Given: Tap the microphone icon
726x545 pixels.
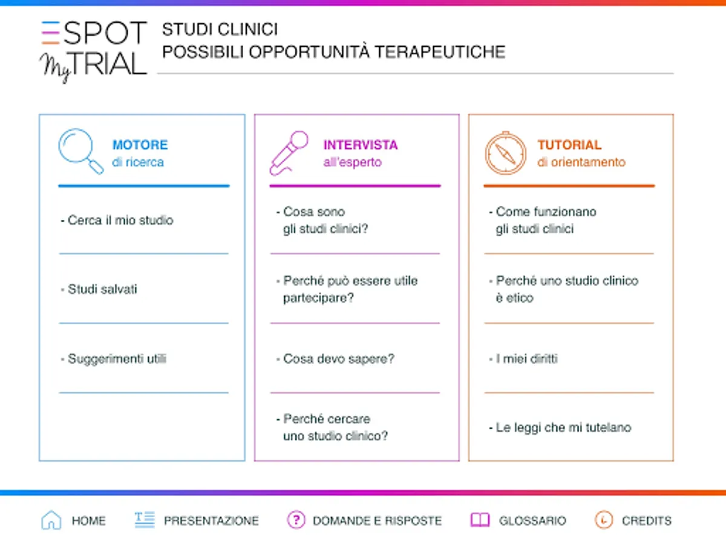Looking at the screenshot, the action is pos(289,153).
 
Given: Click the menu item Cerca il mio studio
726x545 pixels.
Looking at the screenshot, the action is pos(117,220).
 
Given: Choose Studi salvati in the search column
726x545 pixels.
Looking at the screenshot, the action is pos(99,289).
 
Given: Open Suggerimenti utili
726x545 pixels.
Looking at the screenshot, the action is pos(114,359).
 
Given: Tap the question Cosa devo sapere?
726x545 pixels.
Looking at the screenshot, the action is pos(335,359).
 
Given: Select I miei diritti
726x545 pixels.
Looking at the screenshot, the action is pos(523,359).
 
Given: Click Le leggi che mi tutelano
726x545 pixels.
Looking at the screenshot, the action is pos(560,428).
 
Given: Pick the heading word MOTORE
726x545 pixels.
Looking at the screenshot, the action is pos(140,145).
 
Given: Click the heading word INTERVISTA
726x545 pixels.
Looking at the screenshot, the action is pos(361,145).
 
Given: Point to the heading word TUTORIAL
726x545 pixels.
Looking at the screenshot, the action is pos(569,145).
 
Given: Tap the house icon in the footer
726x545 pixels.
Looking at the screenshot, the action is pos(51,520).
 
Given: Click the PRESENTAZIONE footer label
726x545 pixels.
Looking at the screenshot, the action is pos(211,521).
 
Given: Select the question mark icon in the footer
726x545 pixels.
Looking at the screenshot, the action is pos(296,520).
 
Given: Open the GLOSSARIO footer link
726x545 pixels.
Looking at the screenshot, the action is pos(532,521).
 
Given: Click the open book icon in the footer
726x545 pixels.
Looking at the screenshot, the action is pos(480,520).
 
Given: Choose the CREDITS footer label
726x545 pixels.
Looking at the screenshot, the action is pos(647,521).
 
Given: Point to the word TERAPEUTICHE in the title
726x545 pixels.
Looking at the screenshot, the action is pos(440,52).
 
